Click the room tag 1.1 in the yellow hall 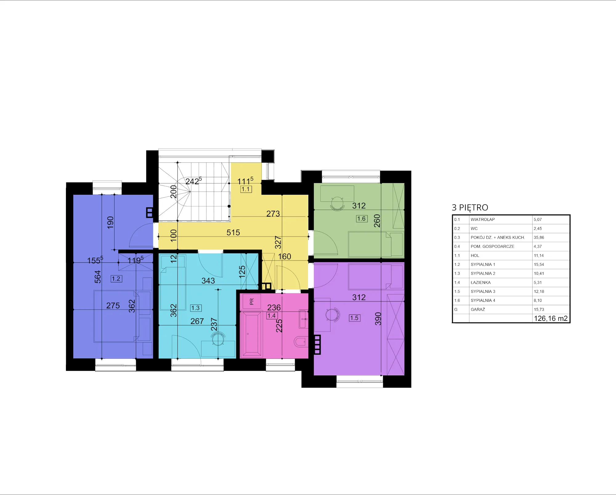tap(246, 189)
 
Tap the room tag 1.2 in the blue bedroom tap(116, 279)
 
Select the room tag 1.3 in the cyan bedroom tap(196, 308)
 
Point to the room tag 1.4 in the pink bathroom tap(272, 316)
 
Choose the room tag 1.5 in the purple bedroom tap(355, 318)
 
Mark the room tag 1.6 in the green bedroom tap(362, 219)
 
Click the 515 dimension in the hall tap(233, 233)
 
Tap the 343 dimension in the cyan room tap(208, 281)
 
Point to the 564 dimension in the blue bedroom tap(98, 277)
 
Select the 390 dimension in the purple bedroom tap(378, 319)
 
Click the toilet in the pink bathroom tap(301, 341)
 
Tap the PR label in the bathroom tap(252, 301)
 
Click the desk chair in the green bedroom tap(338, 204)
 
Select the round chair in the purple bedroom tap(332, 314)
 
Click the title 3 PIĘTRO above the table tap(470, 208)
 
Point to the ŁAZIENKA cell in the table tap(480, 282)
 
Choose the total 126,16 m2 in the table tap(551, 318)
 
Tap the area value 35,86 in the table tap(539, 238)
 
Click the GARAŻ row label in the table tap(478, 309)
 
